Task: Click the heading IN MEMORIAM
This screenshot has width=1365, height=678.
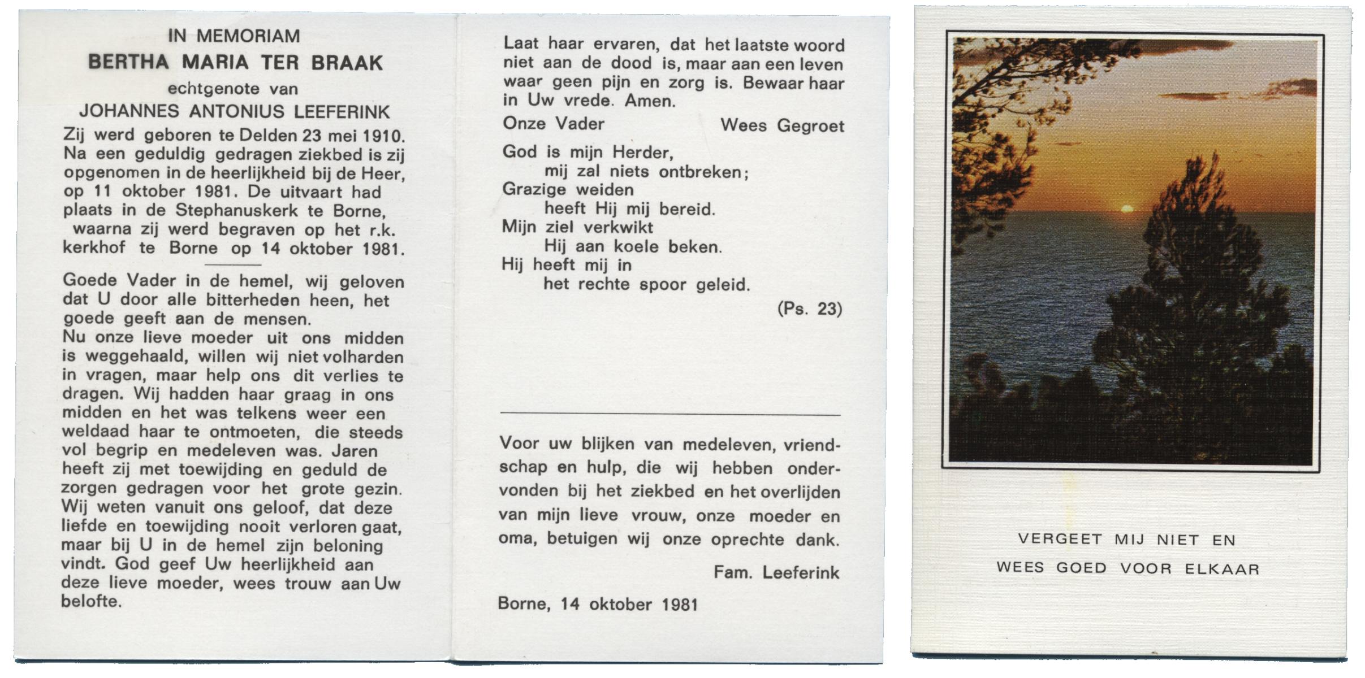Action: coord(234,36)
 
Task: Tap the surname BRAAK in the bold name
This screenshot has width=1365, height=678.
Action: coord(347,63)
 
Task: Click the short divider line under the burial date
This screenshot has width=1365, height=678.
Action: coord(232,264)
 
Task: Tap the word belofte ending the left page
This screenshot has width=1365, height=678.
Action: coord(91,601)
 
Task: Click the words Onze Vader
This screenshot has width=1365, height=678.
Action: coord(554,124)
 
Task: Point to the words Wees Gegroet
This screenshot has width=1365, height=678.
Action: coord(782,125)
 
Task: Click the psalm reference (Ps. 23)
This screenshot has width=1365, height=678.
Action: coord(810,309)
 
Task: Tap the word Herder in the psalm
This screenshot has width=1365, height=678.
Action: coord(642,153)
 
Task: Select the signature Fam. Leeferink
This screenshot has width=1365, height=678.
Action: coord(776,572)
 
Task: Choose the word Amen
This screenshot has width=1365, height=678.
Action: coord(650,101)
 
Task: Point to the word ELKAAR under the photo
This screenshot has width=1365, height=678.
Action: coord(1223,568)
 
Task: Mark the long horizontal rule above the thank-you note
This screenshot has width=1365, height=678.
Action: coord(670,415)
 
